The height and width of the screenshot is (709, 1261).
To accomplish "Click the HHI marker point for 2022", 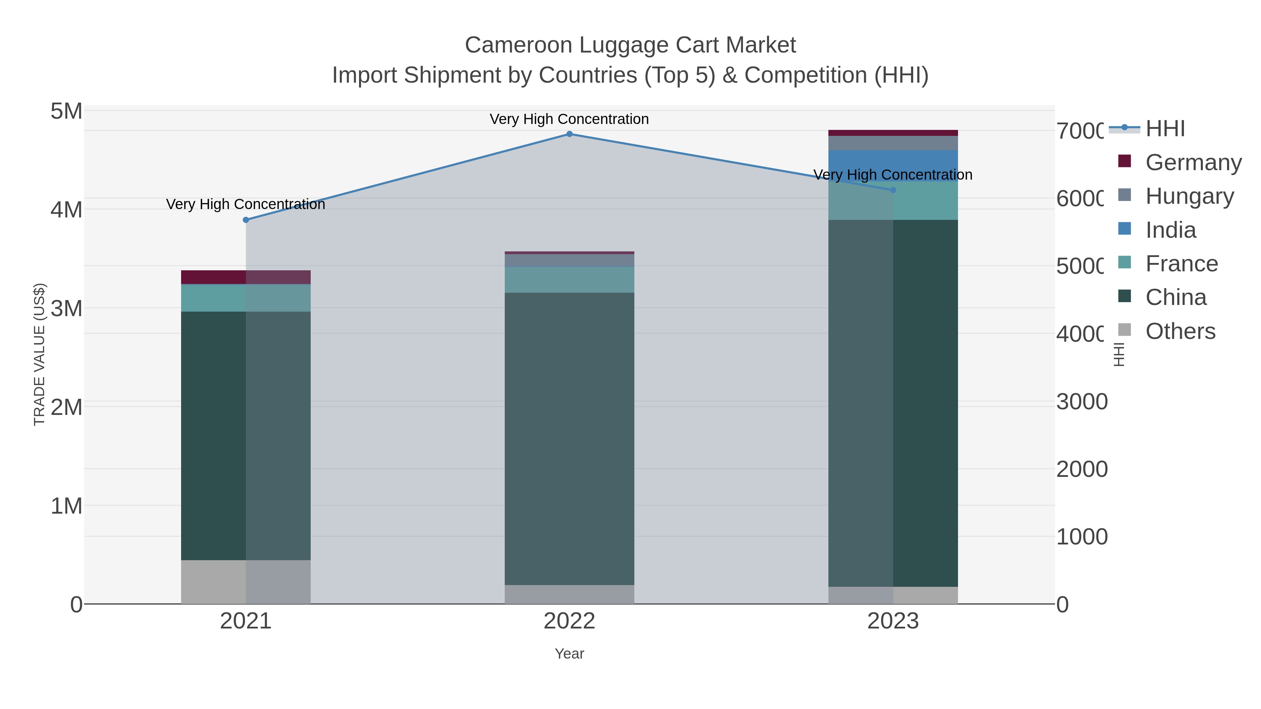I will (x=569, y=134).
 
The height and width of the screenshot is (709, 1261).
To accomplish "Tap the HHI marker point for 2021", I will (x=246, y=220).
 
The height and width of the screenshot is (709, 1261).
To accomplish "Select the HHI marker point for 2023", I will (x=893, y=190).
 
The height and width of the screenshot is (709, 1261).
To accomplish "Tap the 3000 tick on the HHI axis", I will (x=1082, y=402).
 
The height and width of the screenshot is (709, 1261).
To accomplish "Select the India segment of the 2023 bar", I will (x=893, y=166).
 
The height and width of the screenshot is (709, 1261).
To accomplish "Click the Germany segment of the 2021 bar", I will (x=246, y=277).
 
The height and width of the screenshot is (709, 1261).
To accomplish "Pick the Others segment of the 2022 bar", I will (x=569, y=594).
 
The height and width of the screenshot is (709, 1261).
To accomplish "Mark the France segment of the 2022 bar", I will (x=569, y=280).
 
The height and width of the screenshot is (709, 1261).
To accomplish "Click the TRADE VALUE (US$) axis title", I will (x=39, y=354).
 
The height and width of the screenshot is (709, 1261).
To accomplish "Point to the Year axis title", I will (x=569, y=654).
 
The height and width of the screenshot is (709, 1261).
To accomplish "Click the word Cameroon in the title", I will (x=518, y=46).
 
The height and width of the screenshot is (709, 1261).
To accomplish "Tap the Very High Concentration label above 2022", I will (x=569, y=119).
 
